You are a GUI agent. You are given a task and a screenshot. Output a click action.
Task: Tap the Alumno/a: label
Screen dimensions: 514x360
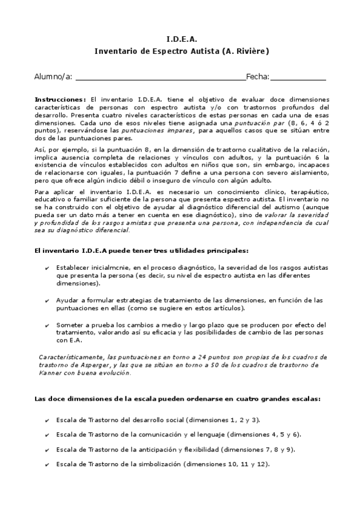(53, 76)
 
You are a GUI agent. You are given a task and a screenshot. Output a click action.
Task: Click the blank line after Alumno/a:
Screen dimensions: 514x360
(161, 78)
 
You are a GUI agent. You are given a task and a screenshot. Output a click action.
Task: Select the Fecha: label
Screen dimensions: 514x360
(258, 76)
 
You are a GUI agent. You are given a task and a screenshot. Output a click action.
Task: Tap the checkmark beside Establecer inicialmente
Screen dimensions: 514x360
(48, 267)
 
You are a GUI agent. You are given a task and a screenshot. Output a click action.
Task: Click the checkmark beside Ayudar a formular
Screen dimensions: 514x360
(48, 301)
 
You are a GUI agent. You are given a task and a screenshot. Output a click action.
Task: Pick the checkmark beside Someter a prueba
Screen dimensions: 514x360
(48, 325)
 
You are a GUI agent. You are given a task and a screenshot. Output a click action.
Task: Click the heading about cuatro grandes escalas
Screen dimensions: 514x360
(178, 399)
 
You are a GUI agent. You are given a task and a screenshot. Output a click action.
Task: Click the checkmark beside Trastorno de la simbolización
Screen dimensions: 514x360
(48, 465)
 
